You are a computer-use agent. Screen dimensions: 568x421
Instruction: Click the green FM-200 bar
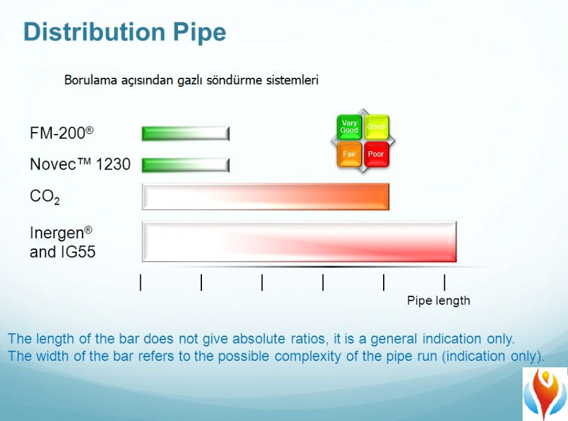(x=186, y=133)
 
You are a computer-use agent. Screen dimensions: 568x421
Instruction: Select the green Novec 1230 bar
(x=186, y=165)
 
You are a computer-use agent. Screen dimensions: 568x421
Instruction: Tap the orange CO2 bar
(x=266, y=197)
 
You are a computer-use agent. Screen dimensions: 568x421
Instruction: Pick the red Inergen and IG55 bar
(x=299, y=241)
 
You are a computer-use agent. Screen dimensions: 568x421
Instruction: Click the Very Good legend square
(x=349, y=127)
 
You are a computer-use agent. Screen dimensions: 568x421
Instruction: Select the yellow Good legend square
(x=376, y=127)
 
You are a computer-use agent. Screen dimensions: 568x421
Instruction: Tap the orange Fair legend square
(x=349, y=154)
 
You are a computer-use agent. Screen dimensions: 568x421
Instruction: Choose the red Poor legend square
(x=376, y=154)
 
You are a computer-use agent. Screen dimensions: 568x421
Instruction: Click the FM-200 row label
(x=62, y=133)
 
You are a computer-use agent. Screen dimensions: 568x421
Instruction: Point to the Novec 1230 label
(x=80, y=164)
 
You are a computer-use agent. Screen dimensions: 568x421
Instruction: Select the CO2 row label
(x=45, y=197)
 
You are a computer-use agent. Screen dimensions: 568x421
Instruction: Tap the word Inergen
(x=61, y=233)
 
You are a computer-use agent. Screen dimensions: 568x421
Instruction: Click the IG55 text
(x=76, y=252)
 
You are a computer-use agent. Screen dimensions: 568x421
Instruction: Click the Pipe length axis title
(x=439, y=300)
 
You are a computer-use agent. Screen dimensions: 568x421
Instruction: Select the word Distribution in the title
(x=94, y=32)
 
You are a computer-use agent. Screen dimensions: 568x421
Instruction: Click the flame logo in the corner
(x=545, y=394)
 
